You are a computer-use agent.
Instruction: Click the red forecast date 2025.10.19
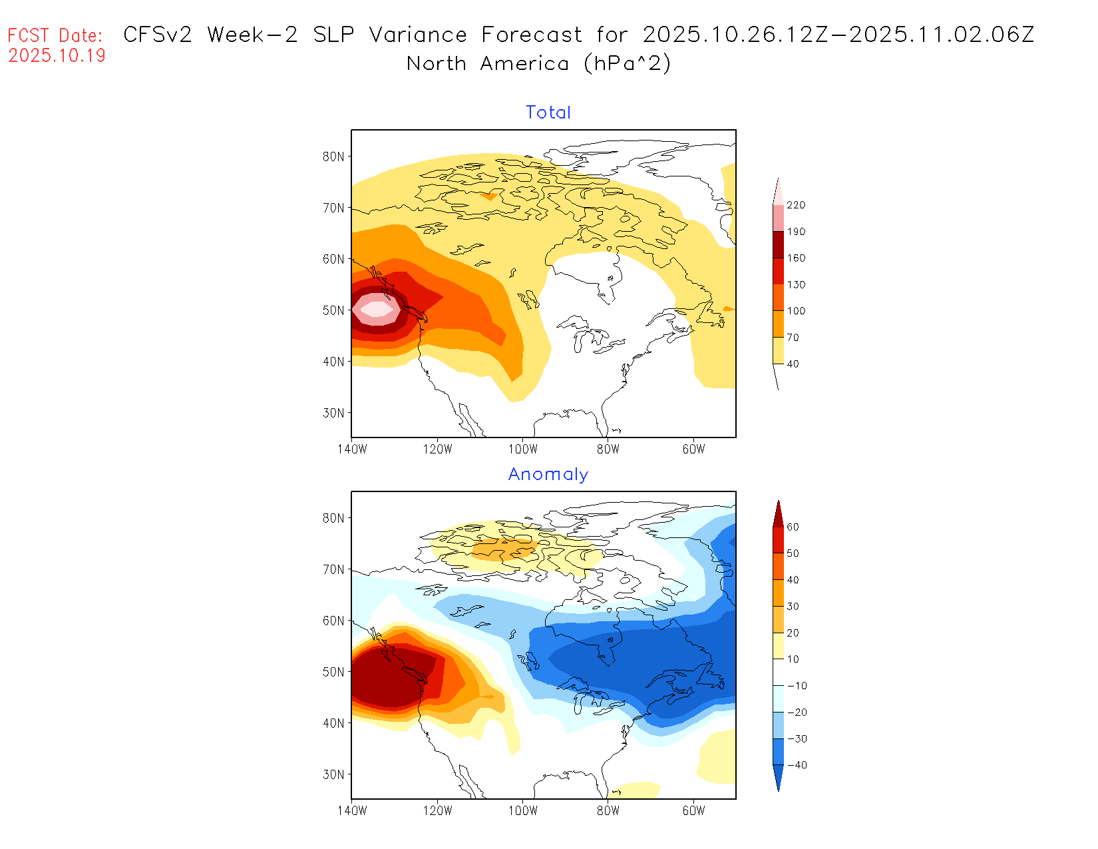[57, 55]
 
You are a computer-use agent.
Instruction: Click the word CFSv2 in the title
[158, 35]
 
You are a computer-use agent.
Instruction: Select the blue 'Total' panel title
[548, 113]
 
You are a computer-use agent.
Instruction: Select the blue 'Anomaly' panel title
[548, 474]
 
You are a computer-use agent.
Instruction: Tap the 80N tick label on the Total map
[333, 156]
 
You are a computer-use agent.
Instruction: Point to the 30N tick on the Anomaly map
[333, 774]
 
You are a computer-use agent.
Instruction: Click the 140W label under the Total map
[352, 449]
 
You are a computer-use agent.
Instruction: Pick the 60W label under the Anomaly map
[693, 811]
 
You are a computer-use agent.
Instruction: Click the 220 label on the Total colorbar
[796, 205]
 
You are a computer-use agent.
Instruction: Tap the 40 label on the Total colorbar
[793, 364]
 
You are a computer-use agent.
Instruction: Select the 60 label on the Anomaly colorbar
[793, 527]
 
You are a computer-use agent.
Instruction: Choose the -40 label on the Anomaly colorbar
[797, 765]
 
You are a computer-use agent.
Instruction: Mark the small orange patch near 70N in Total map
[490, 196]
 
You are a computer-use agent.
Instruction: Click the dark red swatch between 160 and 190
[778, 244]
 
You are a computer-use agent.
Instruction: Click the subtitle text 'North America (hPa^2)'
[539, 64]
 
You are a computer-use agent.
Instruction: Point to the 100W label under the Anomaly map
[522, 811]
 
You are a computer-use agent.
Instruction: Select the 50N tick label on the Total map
[333, 310]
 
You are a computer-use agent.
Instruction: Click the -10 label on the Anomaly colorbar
[797, 686]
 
